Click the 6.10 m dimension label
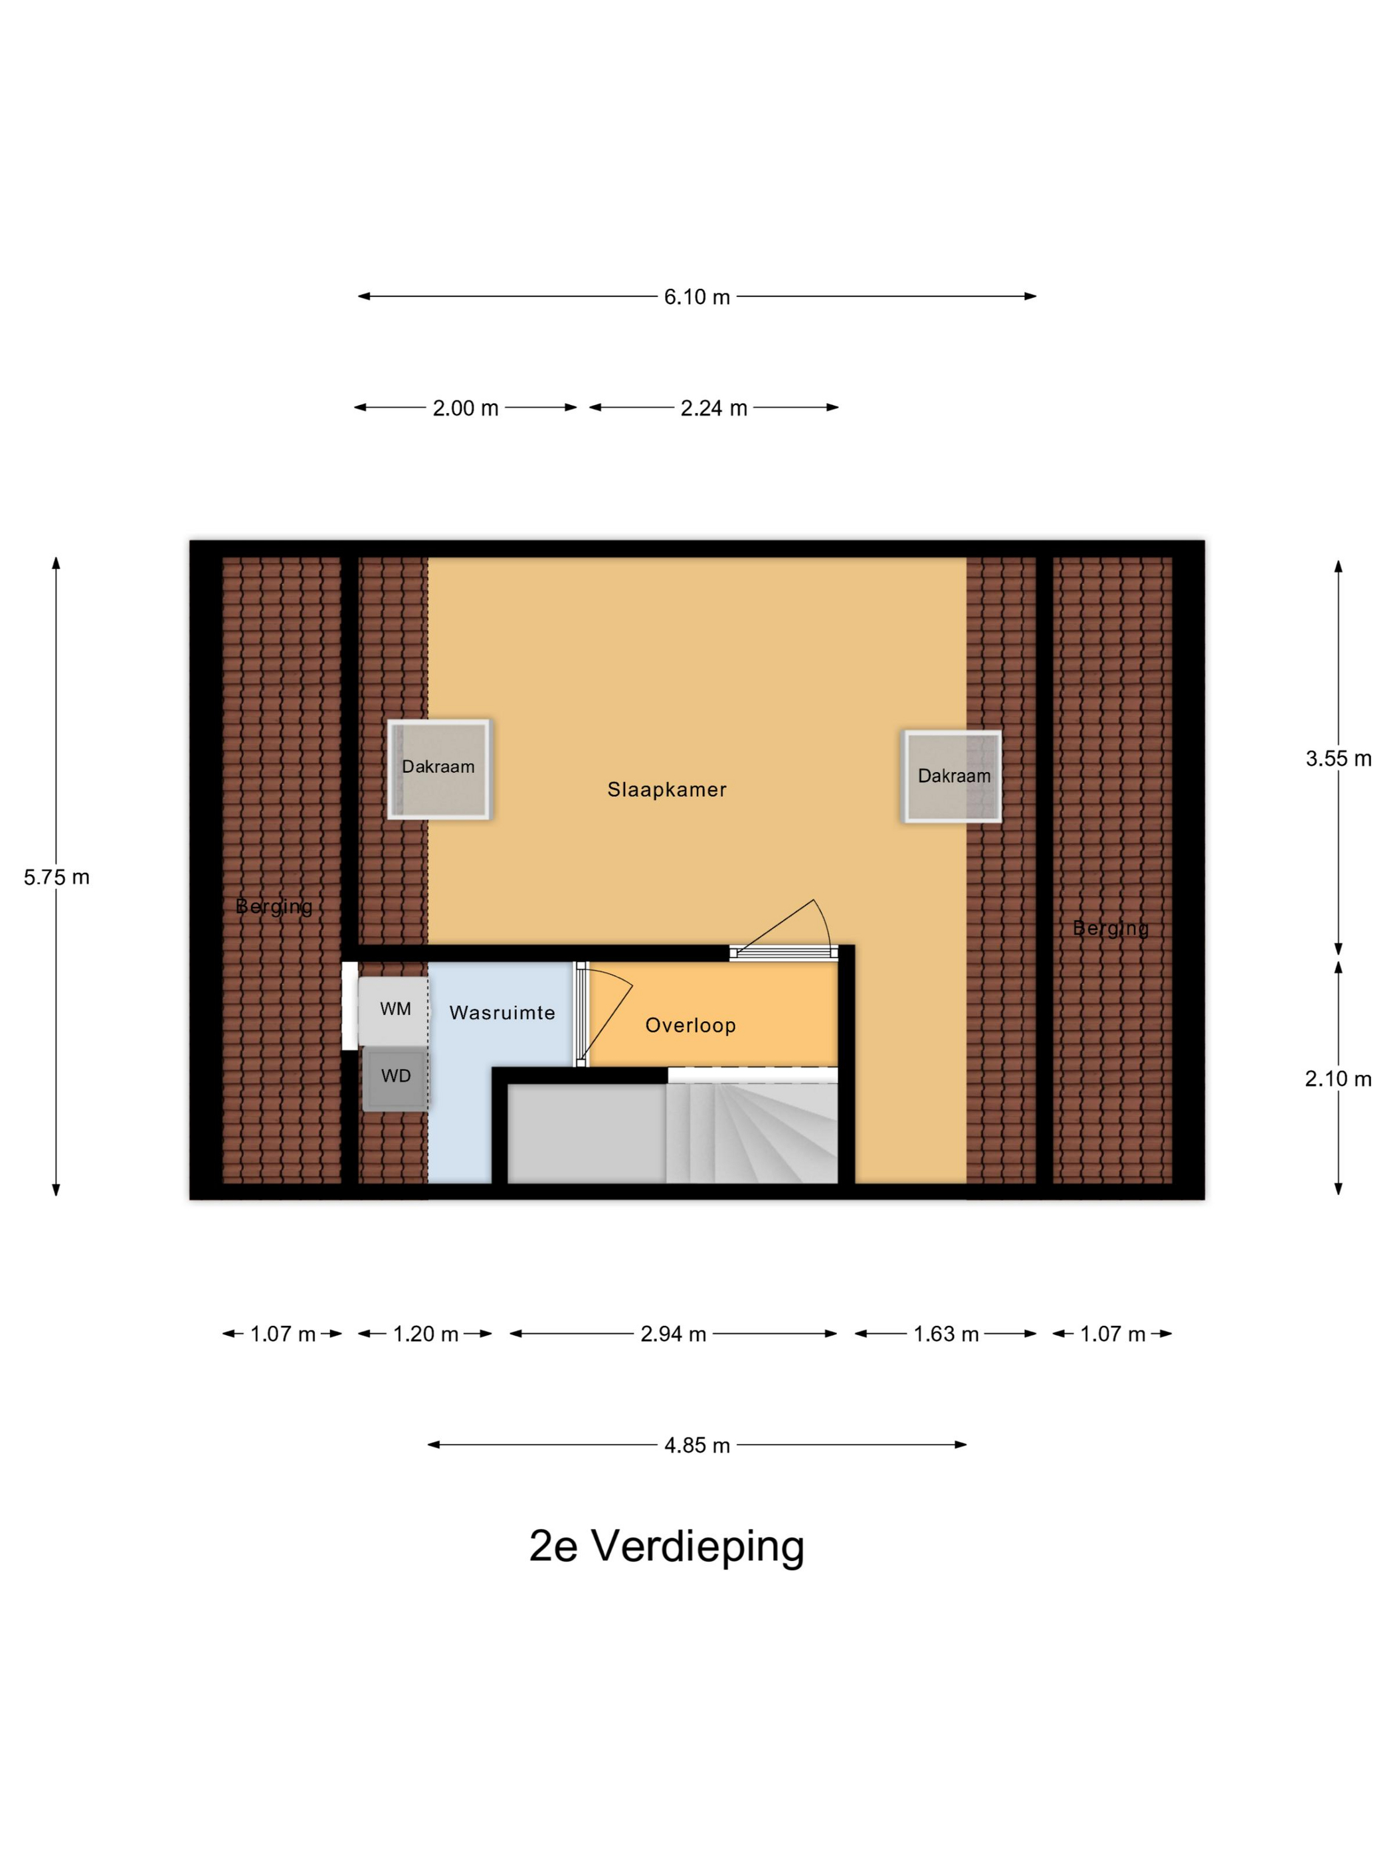696,297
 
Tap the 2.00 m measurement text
465,408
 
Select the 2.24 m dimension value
713,408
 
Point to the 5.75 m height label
56,878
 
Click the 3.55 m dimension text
1338,759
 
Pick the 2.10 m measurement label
1338,1079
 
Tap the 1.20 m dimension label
426,1334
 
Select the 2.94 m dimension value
673,1334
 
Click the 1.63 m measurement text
946,1334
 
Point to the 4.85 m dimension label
696,1445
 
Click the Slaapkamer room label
667,790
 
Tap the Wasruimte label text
502,1012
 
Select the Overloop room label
690,1025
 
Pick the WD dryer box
395,1078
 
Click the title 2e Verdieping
666,1546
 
